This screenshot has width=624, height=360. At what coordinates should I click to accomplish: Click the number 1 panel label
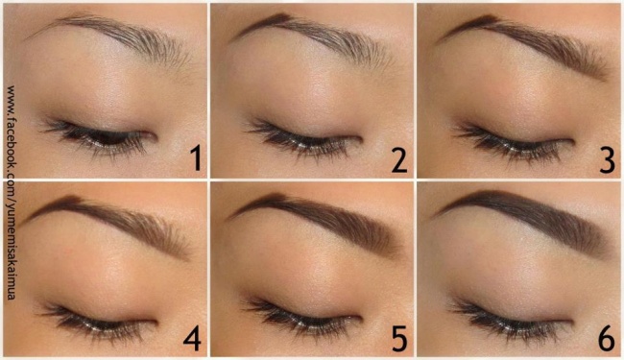pos(196,158)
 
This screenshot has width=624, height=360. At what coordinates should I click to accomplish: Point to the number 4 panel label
pos(192,338)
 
